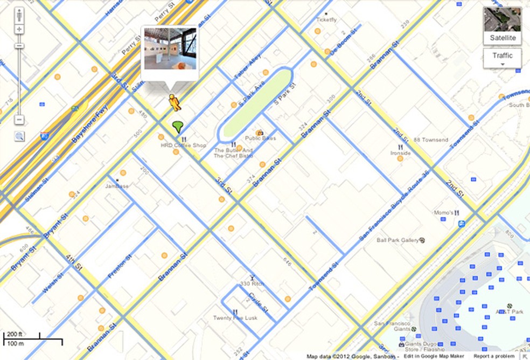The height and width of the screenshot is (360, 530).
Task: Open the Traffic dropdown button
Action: tap(502, 58)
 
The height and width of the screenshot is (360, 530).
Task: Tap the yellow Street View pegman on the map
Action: tap(174, 102)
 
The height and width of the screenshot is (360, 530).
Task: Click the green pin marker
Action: tap(178, 127)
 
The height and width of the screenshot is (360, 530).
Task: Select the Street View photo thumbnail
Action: tap(170, 49)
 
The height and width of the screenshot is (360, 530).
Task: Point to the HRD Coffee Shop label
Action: tap(183, 146)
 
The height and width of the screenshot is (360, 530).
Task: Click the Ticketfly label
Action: tap(326, 20)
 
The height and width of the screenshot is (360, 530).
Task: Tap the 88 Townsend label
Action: tap(431, 140)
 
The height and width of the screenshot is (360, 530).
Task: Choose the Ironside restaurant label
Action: tap(401, 153)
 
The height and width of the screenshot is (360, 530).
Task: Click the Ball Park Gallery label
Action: tap(397, 240)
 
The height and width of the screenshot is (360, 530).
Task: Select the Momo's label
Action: tap(444, 213)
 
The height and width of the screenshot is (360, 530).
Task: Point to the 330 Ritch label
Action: tap(252, 283)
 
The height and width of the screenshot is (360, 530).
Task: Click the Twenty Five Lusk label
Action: tap(235, 317)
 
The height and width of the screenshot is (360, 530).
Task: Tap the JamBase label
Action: tap(117, 186)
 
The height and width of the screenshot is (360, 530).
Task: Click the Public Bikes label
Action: tap(261, 138)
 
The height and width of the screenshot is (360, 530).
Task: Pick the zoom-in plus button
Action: tap(19, 29)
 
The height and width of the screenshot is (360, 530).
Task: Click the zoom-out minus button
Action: tap(19, 119)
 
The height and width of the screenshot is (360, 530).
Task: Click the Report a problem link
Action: tap(494, 356)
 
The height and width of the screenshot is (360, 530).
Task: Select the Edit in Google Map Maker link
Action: tap(434, 356)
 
